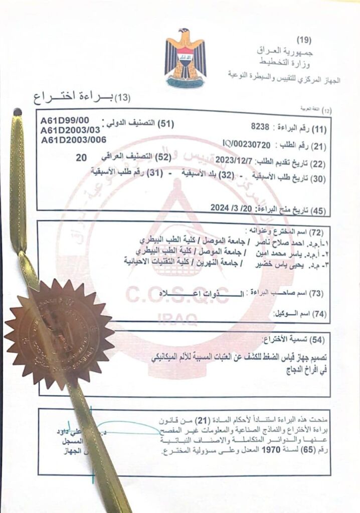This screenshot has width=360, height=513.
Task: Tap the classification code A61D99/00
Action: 65,120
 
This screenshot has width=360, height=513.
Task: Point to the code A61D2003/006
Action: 74,140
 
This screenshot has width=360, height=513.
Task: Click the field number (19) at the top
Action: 303,40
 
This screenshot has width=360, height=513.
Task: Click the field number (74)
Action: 319,314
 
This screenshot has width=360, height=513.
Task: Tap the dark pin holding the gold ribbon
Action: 17,112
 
